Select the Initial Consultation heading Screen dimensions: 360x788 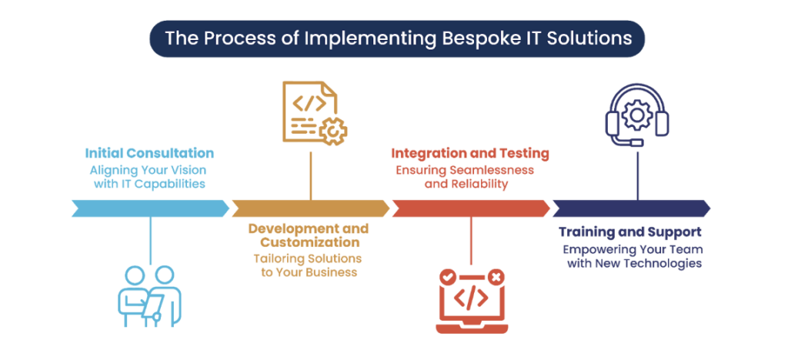tap(149, 153)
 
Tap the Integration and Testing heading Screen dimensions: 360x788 tap(470, 153)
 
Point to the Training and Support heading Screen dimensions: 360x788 tap(629, 232)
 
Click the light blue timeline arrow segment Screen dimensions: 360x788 tap(150, 208)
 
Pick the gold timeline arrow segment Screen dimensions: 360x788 tap(310, 208)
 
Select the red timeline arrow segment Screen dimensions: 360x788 tap(470, 208)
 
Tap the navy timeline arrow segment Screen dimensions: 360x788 tap(630, 208)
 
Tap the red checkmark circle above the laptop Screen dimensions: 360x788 tap(446, 275)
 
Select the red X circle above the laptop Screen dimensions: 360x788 tap(496, 275)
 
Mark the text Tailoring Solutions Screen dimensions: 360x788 tap(308, 258)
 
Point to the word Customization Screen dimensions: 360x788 tap(308, 243)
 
